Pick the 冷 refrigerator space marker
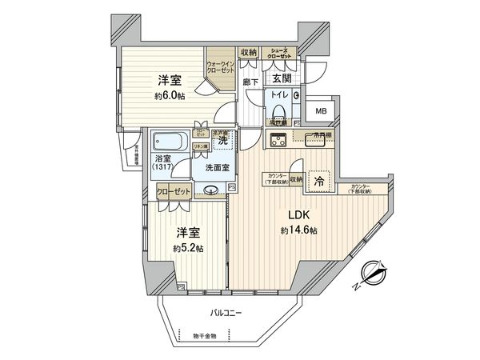(x=318, y=181)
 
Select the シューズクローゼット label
(x=283, y=53)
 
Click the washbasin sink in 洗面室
(x=211, y=190)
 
